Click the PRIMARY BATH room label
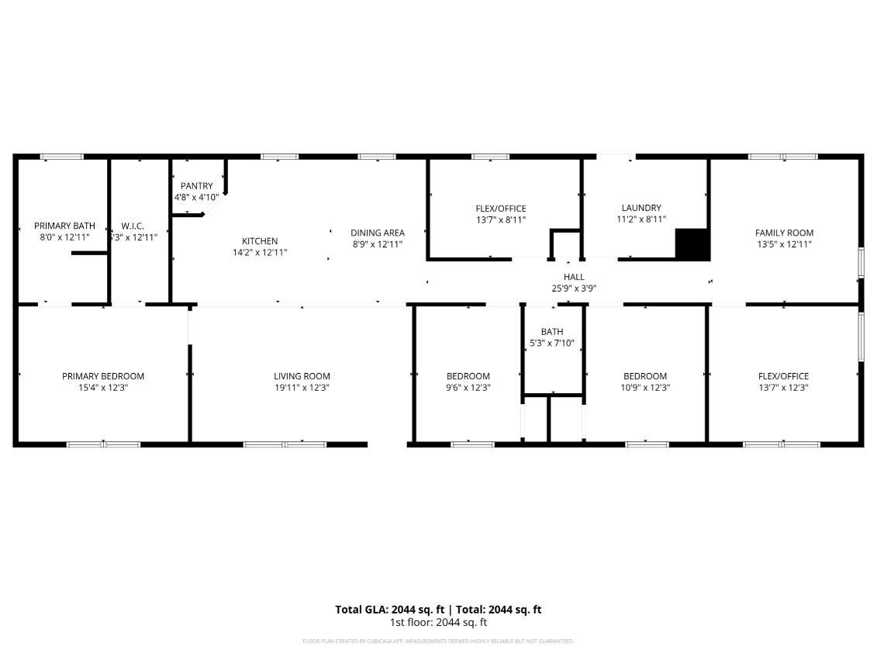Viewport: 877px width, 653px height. pyautogui.click(x=64, y=226)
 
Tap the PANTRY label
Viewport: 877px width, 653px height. pyautogui.click(x=196, y=186)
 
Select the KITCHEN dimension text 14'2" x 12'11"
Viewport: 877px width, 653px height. pyautogui.click(x=260, y=252)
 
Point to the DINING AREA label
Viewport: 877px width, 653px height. pyautogui.click(x=378, y=233)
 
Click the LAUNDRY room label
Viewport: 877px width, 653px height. pyautogui.click(x=641, y=208)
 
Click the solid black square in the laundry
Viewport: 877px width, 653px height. pyautogui.click(x=692, y=244)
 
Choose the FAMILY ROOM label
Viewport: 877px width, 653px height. pyautogui.click(x=784, y=233)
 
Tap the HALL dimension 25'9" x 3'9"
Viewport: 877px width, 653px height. pyautogui.click(x=574, y=288)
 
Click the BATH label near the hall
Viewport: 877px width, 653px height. pyautogui.click(x=552, y=332)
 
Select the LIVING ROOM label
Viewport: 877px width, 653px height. pyautogui.click(x=302, y=376)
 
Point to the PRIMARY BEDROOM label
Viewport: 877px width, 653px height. pyautogui.click(x=103, y=376)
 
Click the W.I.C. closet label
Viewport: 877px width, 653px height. pyautogui.click(x=133, y=226)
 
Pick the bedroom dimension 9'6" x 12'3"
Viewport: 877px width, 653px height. pyautogui.click(x=468, y=388)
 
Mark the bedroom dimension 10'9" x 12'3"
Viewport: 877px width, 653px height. pyautogui.click(x=645, y=388)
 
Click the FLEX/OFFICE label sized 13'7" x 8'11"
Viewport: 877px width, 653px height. pyautogui.click(x=501, y=209)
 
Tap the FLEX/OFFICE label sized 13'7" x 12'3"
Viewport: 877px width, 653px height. pyautogui.click(x=783, y=376)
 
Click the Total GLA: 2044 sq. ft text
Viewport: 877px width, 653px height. pyautogui.click(x=389, y=610)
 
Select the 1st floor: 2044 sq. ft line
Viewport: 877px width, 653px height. pyautogui.click(x=438, y=622)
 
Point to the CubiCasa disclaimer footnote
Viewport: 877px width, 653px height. pyautogui.click(x=438, y=641)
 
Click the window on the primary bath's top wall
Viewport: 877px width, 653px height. pyautogui.click(x=61, y=157)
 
